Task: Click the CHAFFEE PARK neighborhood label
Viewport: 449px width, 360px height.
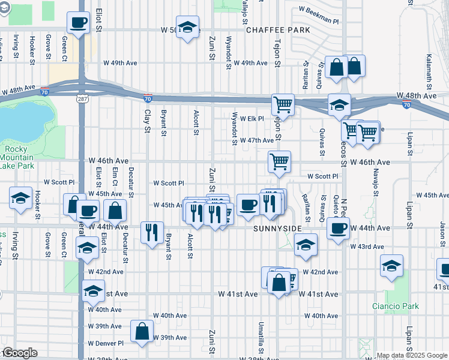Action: point(277,29)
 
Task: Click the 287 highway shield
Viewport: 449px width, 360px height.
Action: point(80,98)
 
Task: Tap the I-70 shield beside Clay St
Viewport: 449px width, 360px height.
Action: point(148,98)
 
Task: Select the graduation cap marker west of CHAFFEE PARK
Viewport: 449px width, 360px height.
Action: point(188,28)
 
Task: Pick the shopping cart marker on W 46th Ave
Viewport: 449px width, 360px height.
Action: point(279,161)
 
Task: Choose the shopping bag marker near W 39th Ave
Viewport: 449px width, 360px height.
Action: point(142,331)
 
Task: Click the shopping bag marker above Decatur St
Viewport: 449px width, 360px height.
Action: point(115,211)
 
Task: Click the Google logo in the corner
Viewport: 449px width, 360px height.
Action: point(20,353)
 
